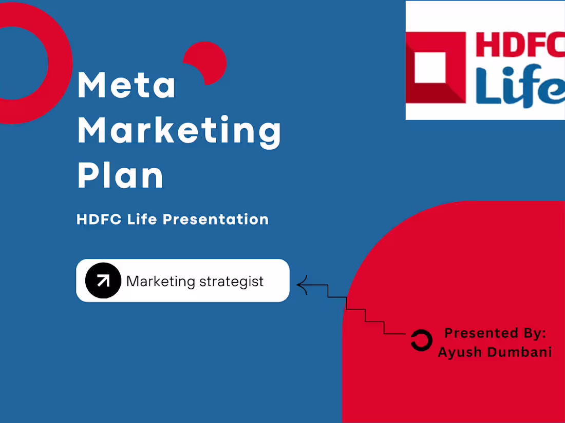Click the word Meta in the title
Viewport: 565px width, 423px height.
coord(126,86)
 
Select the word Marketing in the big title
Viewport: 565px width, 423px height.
coord(179,131)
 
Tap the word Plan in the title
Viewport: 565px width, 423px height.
coord(120,176)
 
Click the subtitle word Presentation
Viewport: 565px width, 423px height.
coord(216,219)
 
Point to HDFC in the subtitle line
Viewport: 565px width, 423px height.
coord(99,219)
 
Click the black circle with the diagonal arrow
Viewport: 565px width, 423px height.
coord(103,280)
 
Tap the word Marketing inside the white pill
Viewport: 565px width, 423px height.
coord(161,281)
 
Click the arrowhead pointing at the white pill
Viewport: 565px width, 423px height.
coord(302,285)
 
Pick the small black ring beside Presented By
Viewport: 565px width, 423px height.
coord(421,340)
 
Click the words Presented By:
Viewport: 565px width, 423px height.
coord(495,333)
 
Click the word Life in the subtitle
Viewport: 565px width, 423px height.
coord(142,219)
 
